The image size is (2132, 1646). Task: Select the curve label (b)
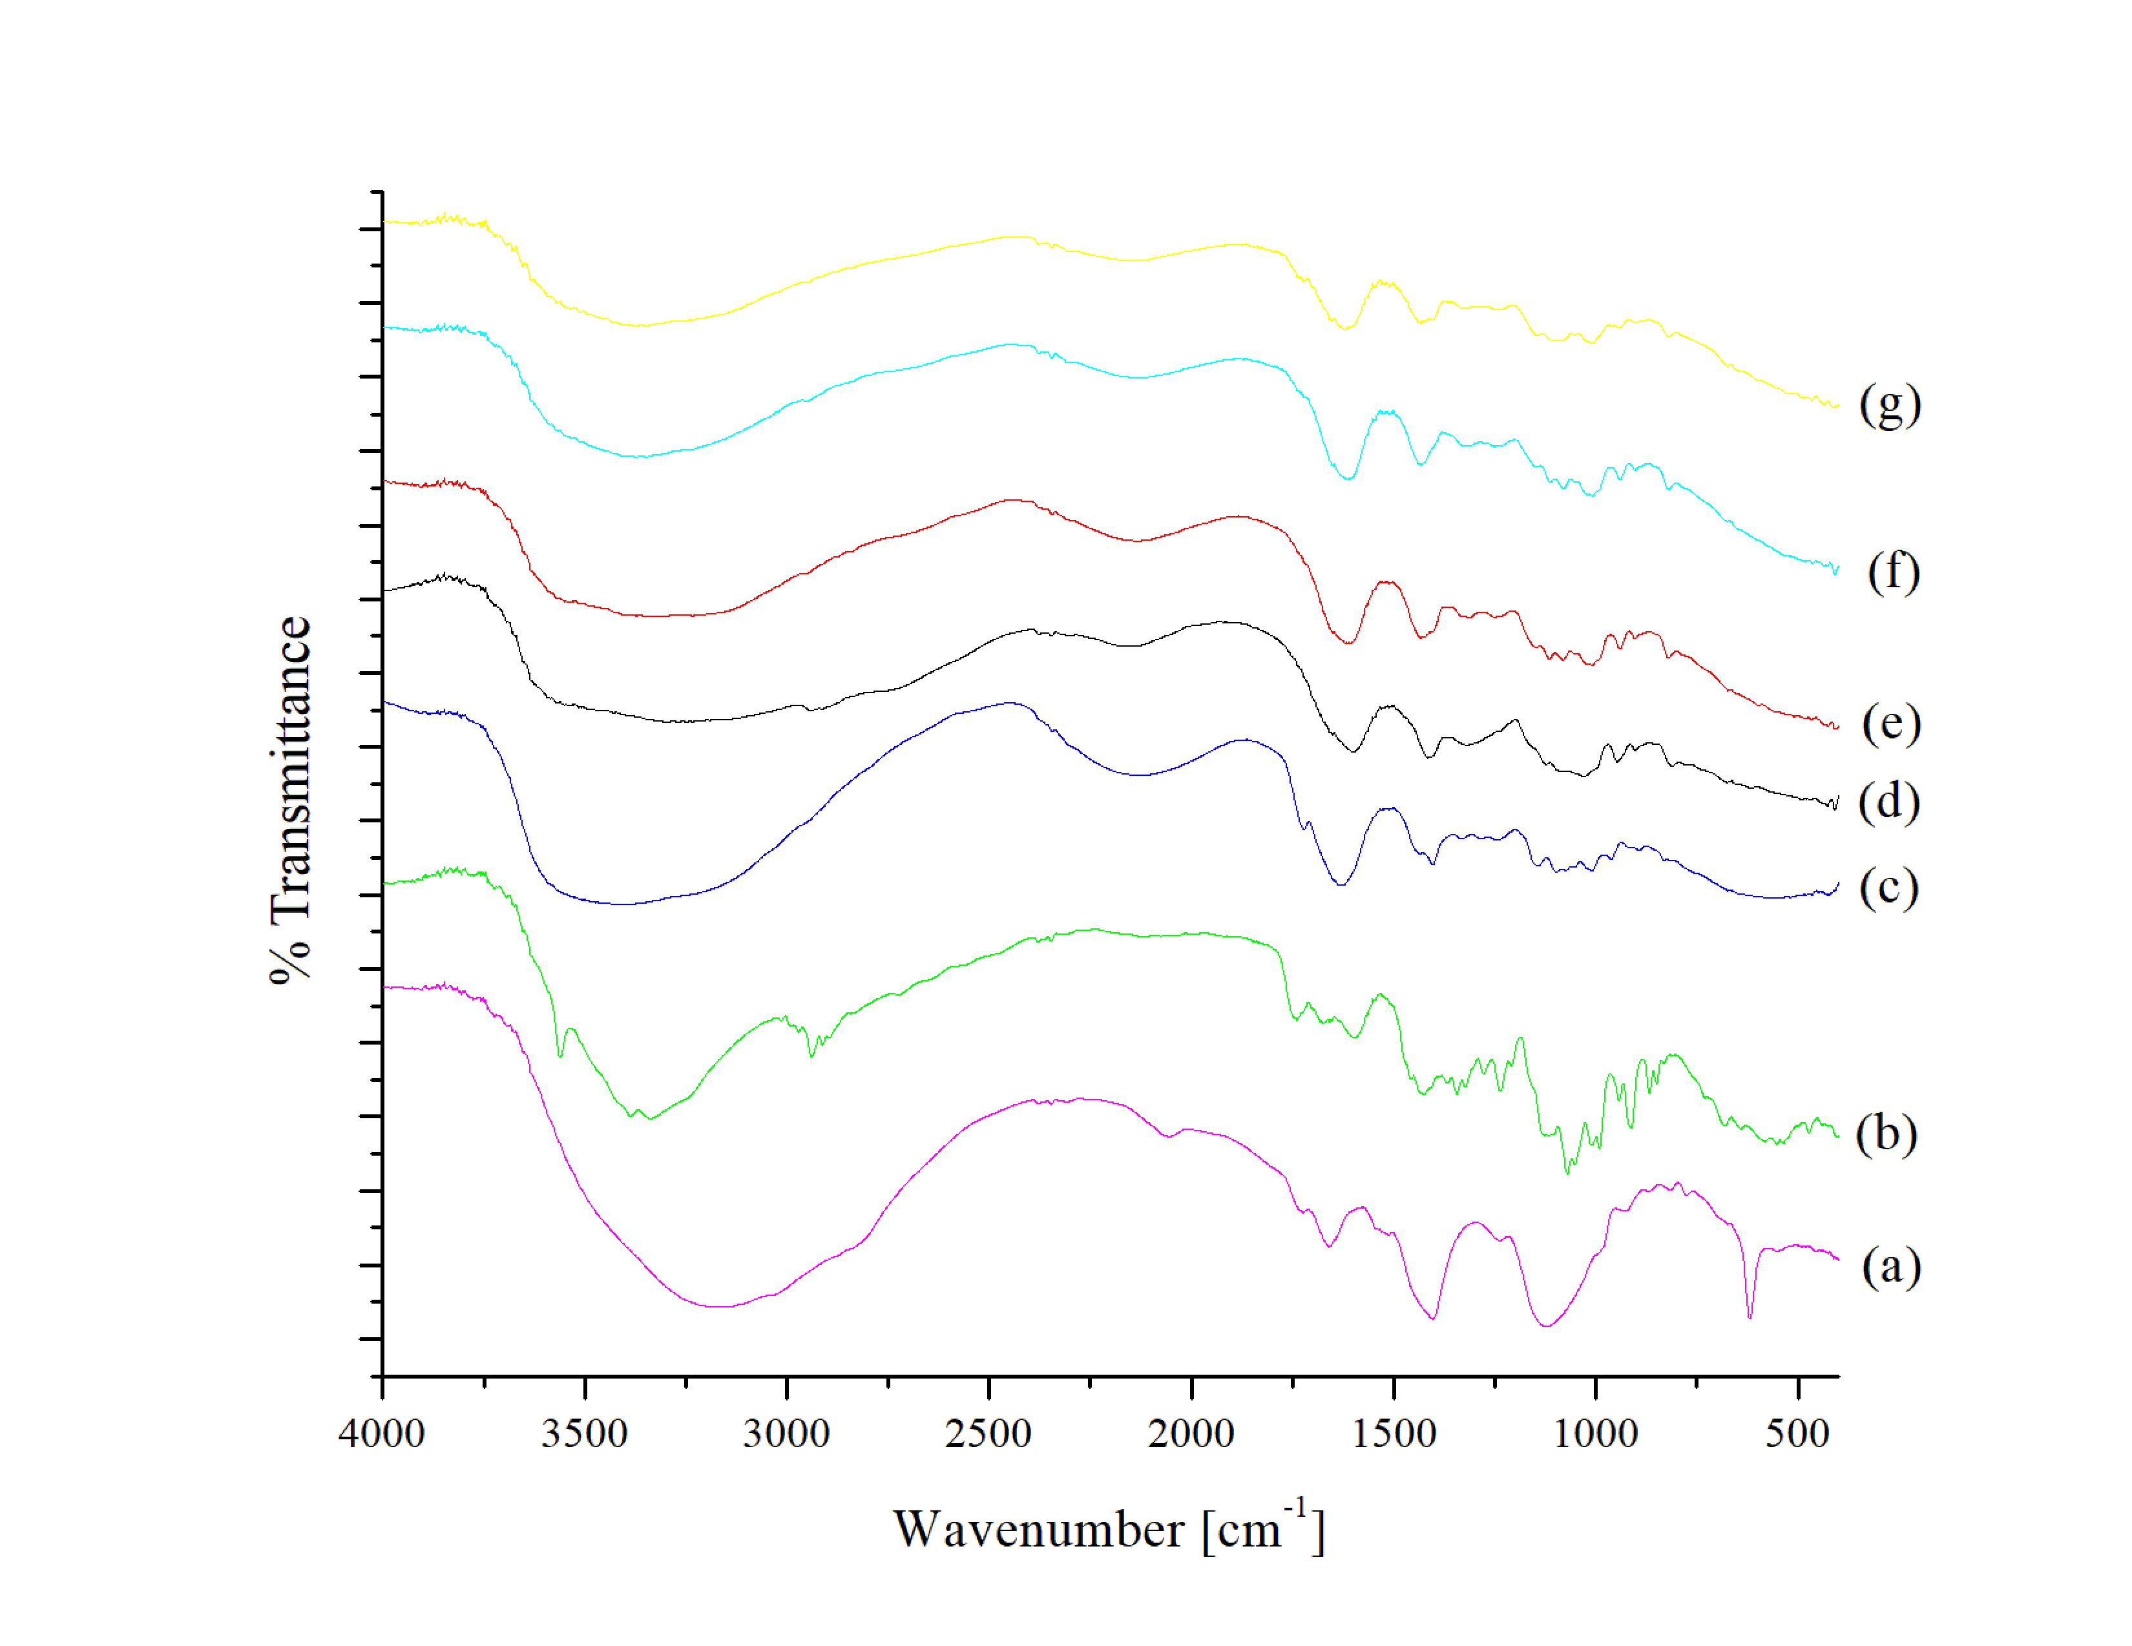(1886, 1134)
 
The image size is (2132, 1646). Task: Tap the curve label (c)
(1888, 888)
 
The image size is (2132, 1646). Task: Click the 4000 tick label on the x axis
(382, 1434)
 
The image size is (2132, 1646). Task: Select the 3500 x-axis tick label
(584, 1434)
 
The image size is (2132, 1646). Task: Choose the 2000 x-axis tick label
(1191, 1434)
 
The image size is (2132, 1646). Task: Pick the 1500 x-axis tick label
(1393, 1434)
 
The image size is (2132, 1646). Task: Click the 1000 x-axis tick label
(1595, 1434)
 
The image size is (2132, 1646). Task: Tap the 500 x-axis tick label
(1797, 1434)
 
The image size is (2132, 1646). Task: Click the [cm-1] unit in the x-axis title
(1263, 1528)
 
